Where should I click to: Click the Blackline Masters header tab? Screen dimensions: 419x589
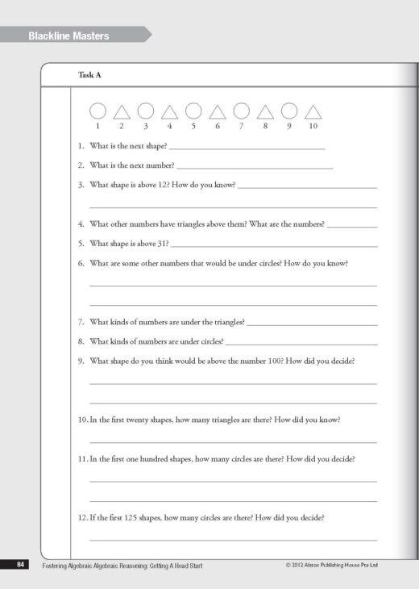pos(68,36)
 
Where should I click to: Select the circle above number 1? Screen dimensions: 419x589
pos(97,111)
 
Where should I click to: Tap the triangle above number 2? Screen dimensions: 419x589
pos(122,112)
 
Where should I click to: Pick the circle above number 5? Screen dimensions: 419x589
pos(193,111)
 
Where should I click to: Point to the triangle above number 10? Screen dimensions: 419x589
pos(313,112)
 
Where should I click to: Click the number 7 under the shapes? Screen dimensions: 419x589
pos(241,127)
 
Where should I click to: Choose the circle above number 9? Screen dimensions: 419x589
pos(289,111)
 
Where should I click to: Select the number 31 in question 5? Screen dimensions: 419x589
pos(162,243)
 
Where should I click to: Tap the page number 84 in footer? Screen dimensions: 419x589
pos(20,565)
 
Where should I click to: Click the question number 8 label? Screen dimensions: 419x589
pos(81,341)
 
